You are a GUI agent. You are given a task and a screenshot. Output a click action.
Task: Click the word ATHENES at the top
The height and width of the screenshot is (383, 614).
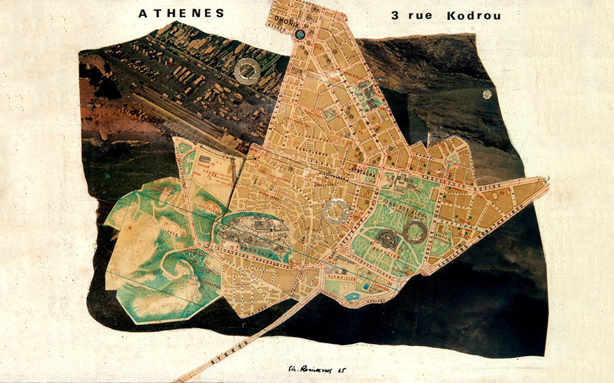(181, 13)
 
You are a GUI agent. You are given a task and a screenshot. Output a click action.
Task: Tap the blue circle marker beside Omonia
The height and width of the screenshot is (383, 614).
(299, 34)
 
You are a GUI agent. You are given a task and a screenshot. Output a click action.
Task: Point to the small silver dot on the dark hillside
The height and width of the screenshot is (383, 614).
(487, 94)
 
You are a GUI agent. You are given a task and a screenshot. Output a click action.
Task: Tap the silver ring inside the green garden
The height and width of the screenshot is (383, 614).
(416, 231)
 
